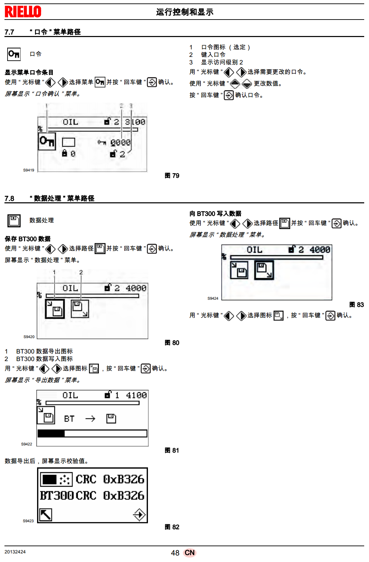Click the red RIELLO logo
coord(23,12)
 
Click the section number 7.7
coord(9,32)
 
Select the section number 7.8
coord(9,199)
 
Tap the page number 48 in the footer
coord(175,553)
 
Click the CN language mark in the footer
coord(189,553)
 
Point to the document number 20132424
coord(15,552)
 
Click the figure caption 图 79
coord(172,176)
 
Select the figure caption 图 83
coord(357,305)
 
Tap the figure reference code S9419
coord(28,170)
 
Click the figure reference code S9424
coord(213,298)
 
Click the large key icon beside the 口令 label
coord(14,54)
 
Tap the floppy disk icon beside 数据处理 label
coord(14,220)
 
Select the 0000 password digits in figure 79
coord(120,142)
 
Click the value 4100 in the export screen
coord(136,395)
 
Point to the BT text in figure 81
coord(69,419)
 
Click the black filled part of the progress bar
coord(51,433)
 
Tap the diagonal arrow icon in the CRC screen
coord(46,514)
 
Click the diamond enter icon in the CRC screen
coord(139,514)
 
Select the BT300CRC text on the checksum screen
coord(68,495)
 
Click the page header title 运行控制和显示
coord(185,12)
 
